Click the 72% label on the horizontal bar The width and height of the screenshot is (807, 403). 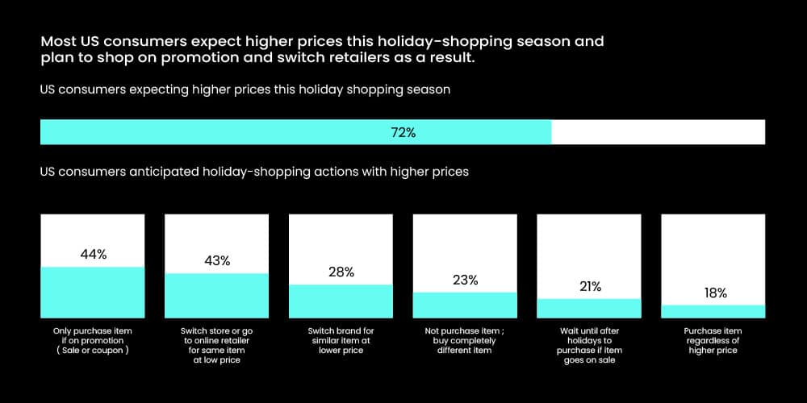[403, 133]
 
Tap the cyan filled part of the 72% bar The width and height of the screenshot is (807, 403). [242, 133]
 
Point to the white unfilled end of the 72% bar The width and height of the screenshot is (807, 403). [658, 133]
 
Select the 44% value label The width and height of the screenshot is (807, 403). [93, 255]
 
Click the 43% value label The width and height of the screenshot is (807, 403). [217, 260]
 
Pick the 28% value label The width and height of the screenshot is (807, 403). [341, 272]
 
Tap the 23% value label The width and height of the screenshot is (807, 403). [465, 280]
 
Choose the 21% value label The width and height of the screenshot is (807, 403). [589, 286]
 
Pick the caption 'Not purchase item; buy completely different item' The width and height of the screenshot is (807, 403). [465, 340]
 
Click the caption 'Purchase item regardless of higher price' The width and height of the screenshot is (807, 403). [713, 340]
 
